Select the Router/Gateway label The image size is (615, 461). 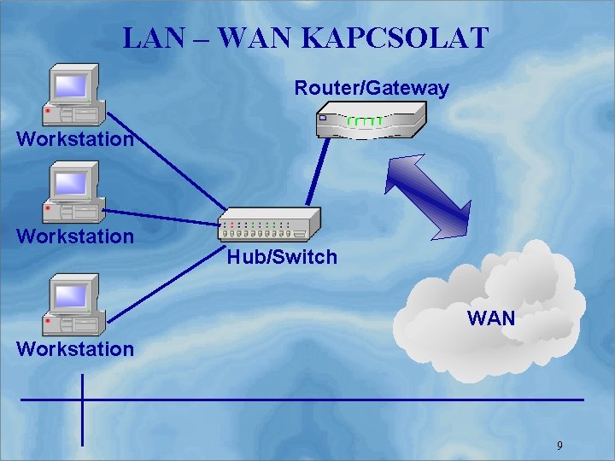pyautogui.click(x=371, y=88)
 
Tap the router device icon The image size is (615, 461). pyautogui.click(x=371, y=120)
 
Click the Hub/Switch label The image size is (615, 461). pyautogui.click(x=282, y=257)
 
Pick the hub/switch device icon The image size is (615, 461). pyautogui.click(x=268, y=225)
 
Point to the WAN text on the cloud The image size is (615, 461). pyautogui.click(x=491, y=319)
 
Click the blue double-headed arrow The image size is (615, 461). pyautogui.click(x=427, y=196)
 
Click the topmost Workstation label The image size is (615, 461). pyautogui.click(x=75, y=138)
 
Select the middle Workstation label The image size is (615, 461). pyautogui.click(x=75, y=236)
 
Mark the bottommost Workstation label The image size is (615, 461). pyautogui.click(x=75, y=348)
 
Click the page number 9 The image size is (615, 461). pyautogui.click(x=559, y=446)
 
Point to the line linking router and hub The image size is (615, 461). pyautogui.click(x=318, y=171)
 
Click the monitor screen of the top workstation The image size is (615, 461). pyautogui.click(x=71, y=85)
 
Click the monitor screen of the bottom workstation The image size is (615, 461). pyautogui.click(x=71, y=295)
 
